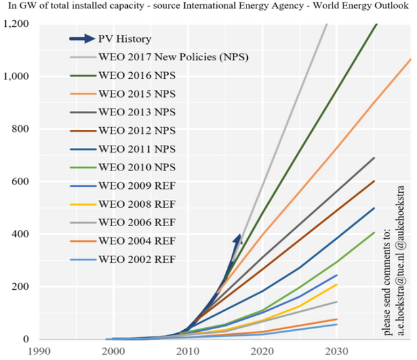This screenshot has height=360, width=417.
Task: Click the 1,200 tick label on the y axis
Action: click(x=15, y=24)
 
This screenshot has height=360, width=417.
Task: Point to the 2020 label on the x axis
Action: click(x=261, y=350)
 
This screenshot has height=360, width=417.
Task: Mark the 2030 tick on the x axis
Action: click(x=335, y=350)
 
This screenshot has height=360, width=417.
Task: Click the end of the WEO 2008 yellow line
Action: click(x=336, y=285)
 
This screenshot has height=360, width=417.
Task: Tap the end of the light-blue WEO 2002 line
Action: click(x=336, y=324)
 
